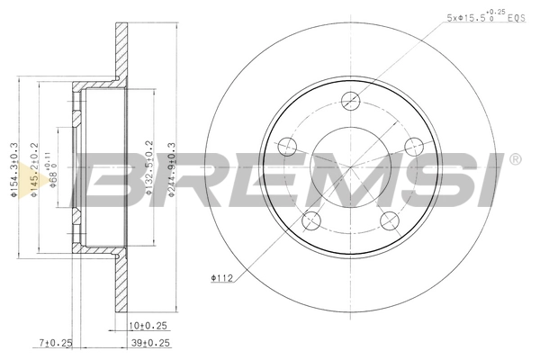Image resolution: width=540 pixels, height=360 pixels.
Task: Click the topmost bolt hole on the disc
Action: click(x=350, y=102)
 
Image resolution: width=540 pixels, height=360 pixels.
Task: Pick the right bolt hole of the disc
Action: click(x=413, y=146)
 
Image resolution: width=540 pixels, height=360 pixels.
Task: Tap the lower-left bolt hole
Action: click(x=311, y=219)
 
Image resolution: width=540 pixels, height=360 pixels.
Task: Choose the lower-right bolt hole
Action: click(x=389, y=219)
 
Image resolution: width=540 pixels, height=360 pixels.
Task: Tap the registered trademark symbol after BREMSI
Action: click(x=514, y=160)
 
